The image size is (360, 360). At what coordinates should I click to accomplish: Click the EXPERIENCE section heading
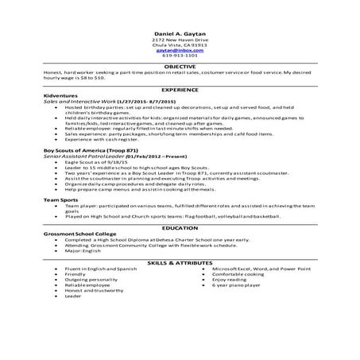click(180, 92)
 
